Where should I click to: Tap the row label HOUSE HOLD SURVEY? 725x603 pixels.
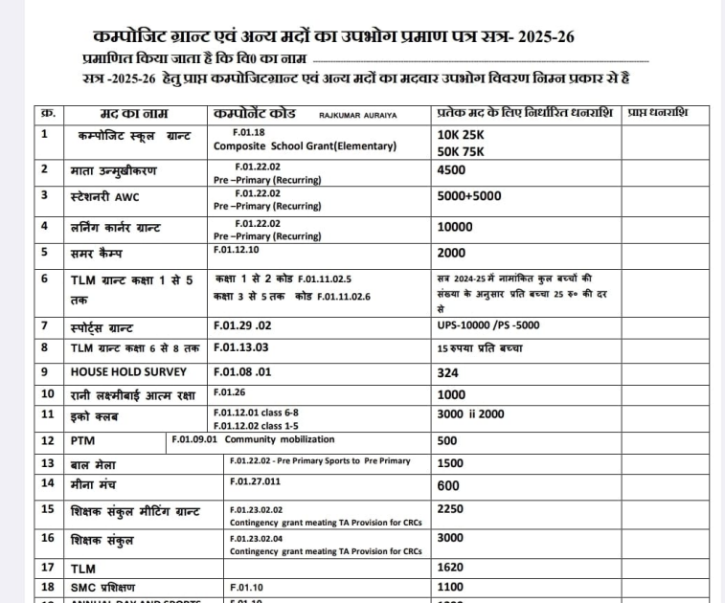(x=127, y=370)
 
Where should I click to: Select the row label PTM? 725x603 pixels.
(x=81, y=441)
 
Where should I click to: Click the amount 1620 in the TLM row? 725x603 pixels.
(x=450, y=568)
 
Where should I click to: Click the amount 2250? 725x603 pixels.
(x=451, y=508)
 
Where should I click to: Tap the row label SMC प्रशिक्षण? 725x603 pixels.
(x=102, y=587)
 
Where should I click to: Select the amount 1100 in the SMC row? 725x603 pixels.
(x=450, y=587)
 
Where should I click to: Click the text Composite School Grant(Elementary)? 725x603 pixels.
(x=305, y=146)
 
